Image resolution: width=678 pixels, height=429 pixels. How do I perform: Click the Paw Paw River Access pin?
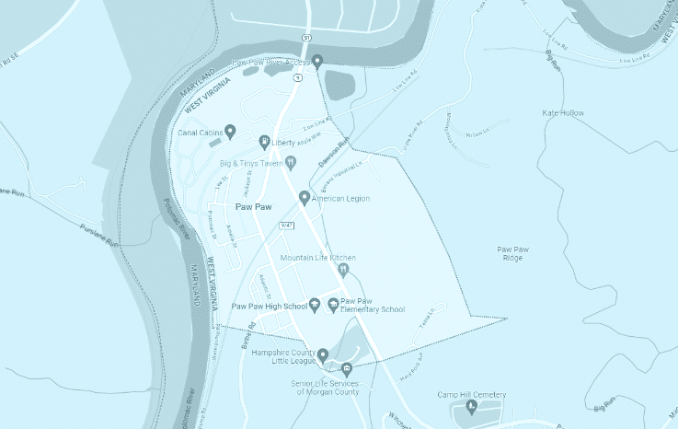coord(317,62)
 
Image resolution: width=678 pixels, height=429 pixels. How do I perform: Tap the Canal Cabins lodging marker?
coord(230,131)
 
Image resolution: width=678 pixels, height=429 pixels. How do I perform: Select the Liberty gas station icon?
coord(264,142)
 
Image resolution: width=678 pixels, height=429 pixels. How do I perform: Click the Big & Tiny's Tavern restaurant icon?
coord(291,163)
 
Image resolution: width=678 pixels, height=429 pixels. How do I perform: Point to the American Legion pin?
coord(305,197)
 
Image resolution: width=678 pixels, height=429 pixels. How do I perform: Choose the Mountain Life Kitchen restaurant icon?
coord(343,270)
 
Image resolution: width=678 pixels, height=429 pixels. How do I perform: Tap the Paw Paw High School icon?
coord(314,305)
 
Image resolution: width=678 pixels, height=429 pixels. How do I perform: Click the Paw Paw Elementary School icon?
coord(333,305)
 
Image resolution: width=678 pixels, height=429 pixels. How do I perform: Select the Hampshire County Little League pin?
coord(323,354)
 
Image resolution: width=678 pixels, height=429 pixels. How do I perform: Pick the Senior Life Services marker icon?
coord(347,370)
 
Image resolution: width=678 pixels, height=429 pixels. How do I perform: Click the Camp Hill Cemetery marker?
coord(472,406)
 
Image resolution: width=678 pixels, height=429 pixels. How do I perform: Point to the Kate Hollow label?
coord(563,112)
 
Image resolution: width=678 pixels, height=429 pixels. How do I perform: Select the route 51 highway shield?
coord(305,37)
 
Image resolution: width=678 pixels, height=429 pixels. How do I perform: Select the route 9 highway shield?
coord(297,78)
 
